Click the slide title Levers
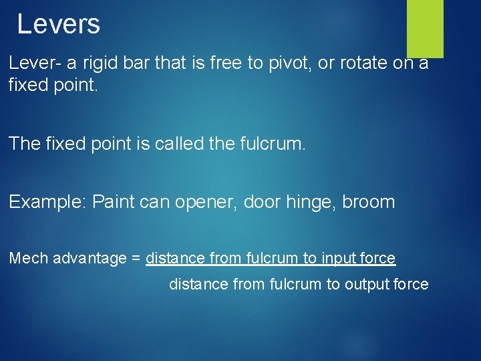coord(58,25)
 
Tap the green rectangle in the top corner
coord(425,28)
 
